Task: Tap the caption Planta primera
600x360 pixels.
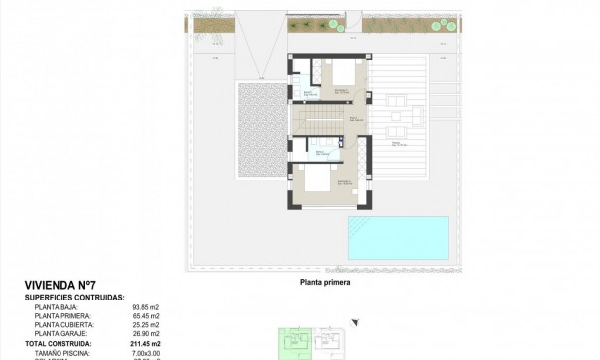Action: (x=326, y=281)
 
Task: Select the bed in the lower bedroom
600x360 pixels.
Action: (x=318, y=182)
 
